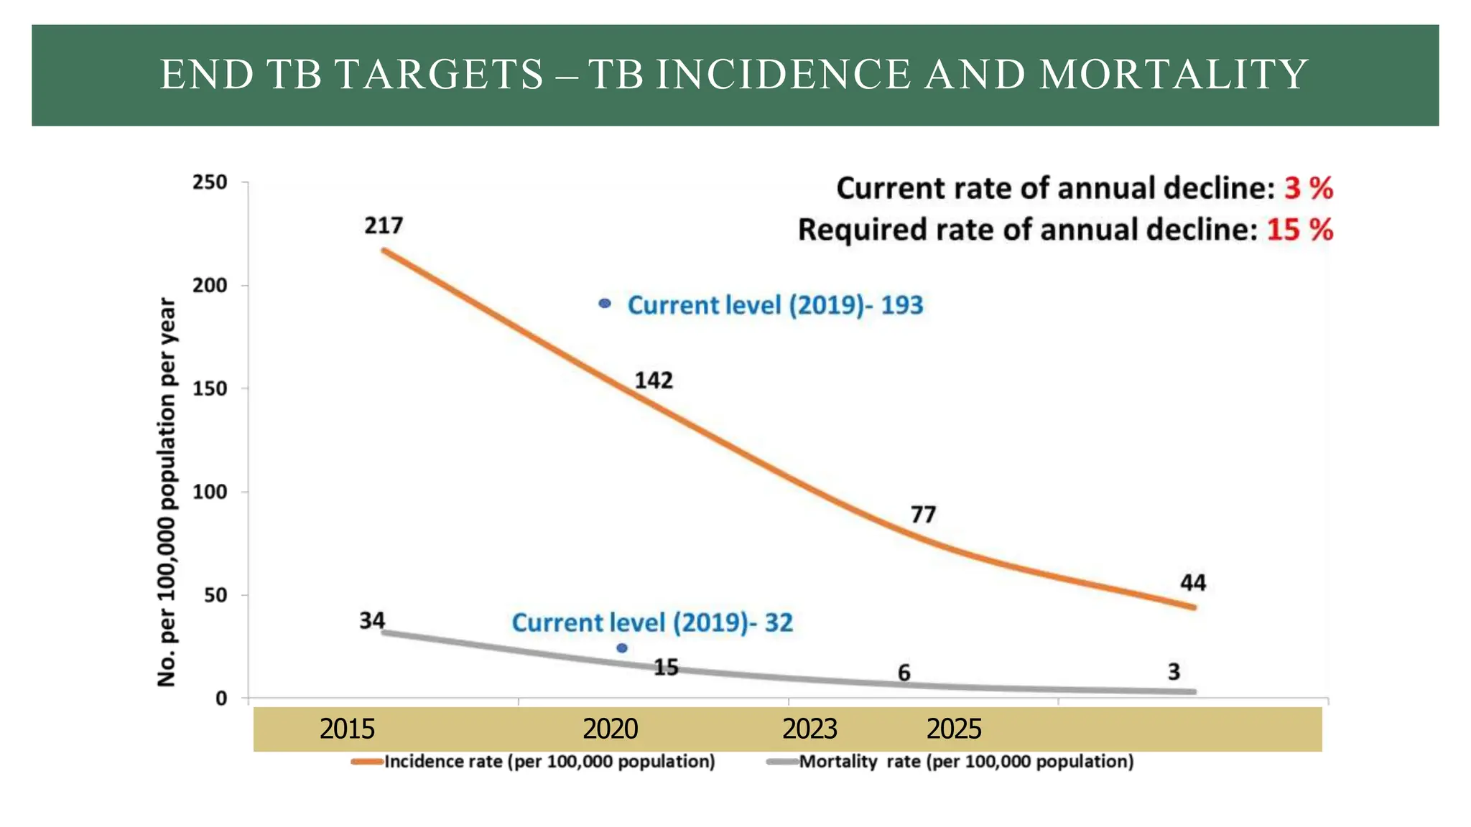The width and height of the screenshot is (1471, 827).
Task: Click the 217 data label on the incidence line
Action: (384, 226)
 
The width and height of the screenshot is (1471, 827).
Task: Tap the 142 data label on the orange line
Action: (654, 380)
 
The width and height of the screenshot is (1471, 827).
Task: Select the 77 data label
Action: (923, 515)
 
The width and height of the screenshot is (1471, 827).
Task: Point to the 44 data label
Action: (1193, 582)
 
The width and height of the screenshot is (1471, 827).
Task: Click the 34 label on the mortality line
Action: (372, 620)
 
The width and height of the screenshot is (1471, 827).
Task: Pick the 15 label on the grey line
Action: (666, 668)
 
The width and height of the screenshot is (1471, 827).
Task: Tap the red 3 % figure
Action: (1309, 189)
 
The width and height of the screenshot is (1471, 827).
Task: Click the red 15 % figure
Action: (1299, 230)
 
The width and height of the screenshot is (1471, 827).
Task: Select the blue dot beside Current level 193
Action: (605, 304)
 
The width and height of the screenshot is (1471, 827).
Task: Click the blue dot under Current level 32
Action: (622, 648)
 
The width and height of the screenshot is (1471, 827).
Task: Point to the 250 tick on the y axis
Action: (210, 182)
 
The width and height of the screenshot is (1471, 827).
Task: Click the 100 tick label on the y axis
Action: (210, 492)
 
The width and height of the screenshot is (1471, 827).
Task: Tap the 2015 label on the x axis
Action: (347, 729)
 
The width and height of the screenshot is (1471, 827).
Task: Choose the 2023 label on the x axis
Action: (809, 729)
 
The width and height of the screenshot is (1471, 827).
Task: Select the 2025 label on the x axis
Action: (953, 729)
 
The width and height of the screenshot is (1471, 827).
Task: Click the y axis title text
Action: (167, 492)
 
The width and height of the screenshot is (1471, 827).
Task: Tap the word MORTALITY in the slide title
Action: (1174, 75)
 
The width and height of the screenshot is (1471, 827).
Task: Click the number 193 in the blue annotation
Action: (901, 305)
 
